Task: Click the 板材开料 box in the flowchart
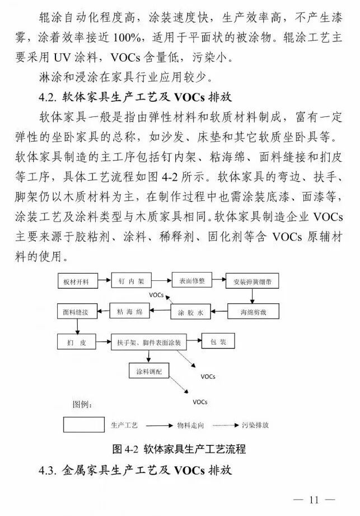pyautogui.click(x=77, y=280)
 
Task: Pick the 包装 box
pyautogui.click(x=218, y=341)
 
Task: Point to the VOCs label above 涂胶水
pyautogui.click(x=157, y=294)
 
